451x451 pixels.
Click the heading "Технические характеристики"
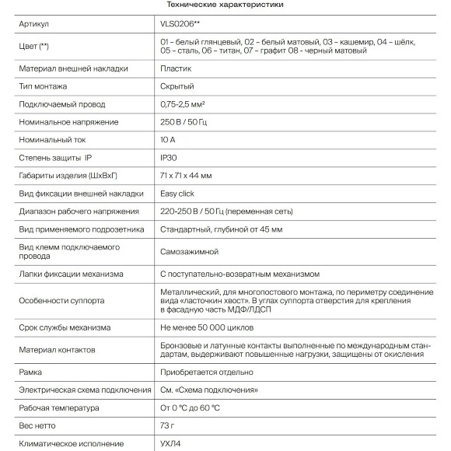[225, 5]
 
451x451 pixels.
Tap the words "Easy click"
[178, 194]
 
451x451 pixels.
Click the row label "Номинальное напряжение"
[68, 122]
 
